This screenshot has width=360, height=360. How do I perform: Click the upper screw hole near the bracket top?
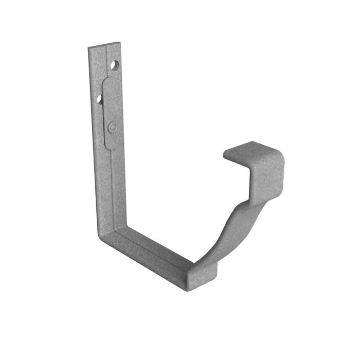(115, 65)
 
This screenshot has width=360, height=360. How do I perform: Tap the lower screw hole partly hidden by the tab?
(100, 98)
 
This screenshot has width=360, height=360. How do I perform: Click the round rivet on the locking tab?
(113, 126)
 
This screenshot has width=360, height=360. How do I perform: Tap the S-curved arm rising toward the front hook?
(226, 226)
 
